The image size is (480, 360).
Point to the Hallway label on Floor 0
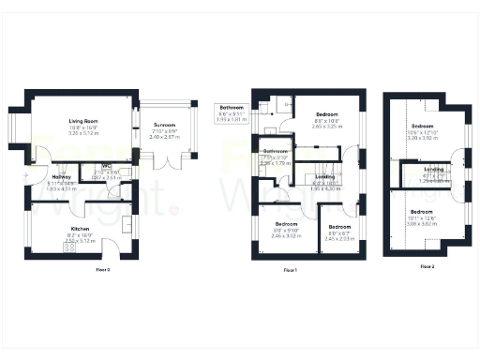[x=62, y=176]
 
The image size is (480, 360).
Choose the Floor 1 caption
[x=290, y=270]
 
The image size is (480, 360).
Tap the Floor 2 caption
[x=427, y=266]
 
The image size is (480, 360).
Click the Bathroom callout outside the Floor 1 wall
[x=231, y=108]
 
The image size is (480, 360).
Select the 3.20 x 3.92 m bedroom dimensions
[x=424, y=137]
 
